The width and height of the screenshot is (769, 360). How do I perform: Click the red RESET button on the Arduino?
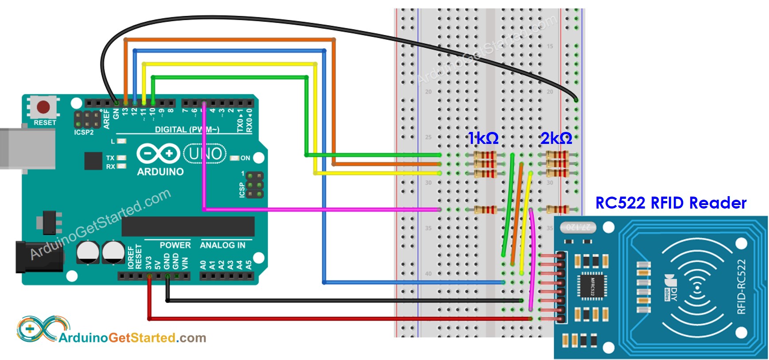(43, 107)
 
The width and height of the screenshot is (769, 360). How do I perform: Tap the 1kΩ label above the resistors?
(483, 138)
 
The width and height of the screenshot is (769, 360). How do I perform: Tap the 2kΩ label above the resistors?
(556, 138)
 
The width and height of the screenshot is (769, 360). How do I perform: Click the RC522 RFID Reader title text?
(670, 203)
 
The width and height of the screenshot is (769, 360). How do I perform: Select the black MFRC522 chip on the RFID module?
(592, 286)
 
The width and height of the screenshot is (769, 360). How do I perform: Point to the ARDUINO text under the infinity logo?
(160, 172)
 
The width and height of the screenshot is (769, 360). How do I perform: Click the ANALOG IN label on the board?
(222, 245)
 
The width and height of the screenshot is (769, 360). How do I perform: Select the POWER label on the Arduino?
(175, 245)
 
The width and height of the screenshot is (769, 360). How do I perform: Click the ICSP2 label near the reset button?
(84, 132)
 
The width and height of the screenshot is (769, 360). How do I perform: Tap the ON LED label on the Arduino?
(245, 158)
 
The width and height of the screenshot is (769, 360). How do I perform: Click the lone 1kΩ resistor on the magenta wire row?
(486, 209)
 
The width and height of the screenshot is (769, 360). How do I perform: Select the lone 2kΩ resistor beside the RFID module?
(557, 209)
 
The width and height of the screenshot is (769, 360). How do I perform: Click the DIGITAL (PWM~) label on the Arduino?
(187, 129)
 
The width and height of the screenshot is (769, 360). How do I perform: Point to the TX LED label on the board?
(110, 158)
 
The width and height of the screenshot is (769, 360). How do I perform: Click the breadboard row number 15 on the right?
(550, 46)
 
